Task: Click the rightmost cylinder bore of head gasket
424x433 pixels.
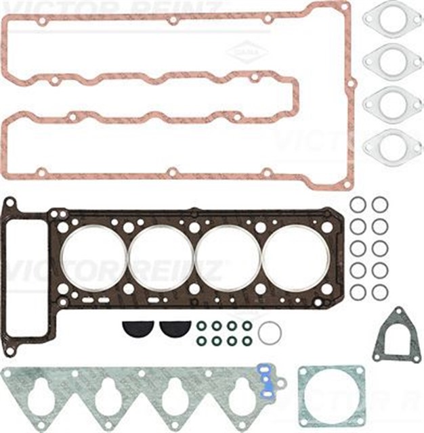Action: point(295,258)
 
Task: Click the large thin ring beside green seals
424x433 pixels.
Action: point(270,332)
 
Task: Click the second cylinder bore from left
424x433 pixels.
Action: point(161,258)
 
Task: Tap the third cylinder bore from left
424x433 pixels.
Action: point(228,258)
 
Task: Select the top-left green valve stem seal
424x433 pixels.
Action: point(202,325)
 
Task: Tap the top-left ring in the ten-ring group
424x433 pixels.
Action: point(358,204)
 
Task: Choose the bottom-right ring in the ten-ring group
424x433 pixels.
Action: point(380,292)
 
